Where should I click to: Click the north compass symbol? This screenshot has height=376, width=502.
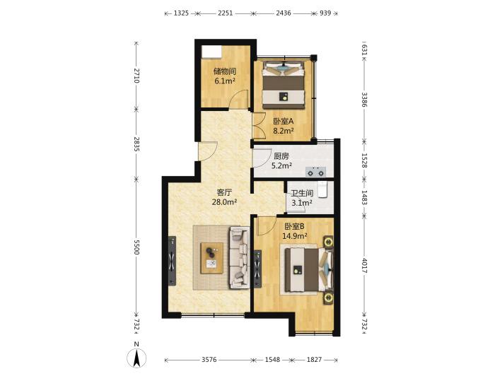pos(136,358)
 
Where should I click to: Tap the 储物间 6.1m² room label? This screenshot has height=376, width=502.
pos(224,76)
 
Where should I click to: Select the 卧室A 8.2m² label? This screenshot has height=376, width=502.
pos(284,126)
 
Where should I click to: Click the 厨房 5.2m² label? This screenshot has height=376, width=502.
pos(281,160)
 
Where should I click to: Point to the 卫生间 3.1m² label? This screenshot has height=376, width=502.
pos(302,198)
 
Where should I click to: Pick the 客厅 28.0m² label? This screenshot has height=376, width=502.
pos(224,197)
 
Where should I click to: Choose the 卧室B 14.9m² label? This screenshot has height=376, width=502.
pos(295,231)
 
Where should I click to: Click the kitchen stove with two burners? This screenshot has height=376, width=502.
pos(315,172)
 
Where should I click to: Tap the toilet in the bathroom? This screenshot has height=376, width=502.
pos(322,189)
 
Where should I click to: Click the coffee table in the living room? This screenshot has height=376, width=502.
pos(211,258)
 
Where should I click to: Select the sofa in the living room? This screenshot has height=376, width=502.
pos(239,257)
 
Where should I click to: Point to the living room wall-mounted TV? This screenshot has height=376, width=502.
pos(172,261)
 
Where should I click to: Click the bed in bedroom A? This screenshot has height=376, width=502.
pos(284,86)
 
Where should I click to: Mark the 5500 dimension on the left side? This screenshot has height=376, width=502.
pos(136,247)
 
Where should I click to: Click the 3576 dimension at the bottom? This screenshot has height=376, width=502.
pos(209,360)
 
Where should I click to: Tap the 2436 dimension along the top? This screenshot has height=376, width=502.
pos(284,13)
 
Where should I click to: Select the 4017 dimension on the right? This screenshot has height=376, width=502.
pos(364,266)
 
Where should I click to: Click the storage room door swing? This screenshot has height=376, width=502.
pos(241,99)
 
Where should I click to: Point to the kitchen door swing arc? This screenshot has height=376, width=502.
pos(261,158)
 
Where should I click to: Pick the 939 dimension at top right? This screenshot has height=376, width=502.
pos(325,13)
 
